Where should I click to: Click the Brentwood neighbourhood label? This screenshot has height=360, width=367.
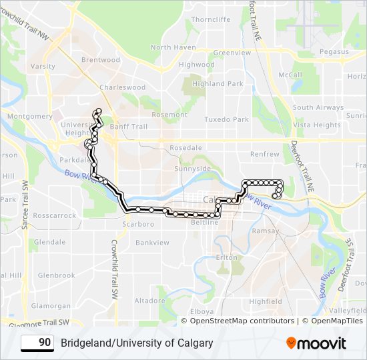pos(100,59)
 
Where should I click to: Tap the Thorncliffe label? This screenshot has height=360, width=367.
pos(210,19)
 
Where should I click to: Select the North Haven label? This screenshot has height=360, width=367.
pos(173,47)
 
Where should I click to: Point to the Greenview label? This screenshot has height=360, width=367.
pos(232,52)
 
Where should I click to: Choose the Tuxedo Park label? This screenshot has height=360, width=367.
pos(226,119)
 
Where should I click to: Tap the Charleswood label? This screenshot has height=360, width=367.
pos(122,87)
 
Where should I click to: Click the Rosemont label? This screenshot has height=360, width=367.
pos(169,115)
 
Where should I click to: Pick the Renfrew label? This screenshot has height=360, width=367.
pos(264,154)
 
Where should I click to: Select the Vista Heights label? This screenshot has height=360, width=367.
pos(317,125)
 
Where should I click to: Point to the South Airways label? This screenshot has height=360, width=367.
pos(318,107)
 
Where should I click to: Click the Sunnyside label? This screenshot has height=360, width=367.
pos(192,169)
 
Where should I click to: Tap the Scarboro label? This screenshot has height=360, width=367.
pos(138,224)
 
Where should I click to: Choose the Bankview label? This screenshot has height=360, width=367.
pos(152,243)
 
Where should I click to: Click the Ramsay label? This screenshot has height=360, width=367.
pos(266,231)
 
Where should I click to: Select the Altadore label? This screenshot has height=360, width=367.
pos(149,301)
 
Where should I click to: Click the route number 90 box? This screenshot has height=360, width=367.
pos(37,343)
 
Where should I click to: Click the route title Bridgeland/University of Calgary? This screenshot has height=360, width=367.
pos(137,343)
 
